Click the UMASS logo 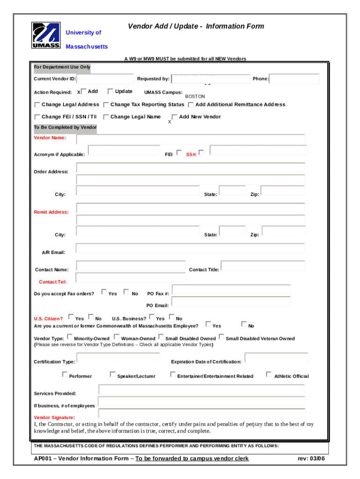pos(46,35)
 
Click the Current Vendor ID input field pos(104,79)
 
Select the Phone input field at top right pos(295,79)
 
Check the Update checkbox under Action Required pos(111,91)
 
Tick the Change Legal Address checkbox pos(37,104)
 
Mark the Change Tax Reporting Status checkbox pos(106,104)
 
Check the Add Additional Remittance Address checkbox pos(191,104)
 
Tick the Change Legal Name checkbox pos(106,116)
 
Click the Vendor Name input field pos(190,139)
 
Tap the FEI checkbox pos(179,152)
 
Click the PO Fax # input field pos(231,290)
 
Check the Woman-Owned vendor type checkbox pos(116,336)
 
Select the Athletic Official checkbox pos(268,374)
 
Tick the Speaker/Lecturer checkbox pos(112,374)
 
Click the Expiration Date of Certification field pos(276,358)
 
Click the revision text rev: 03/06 pos(310,458)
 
